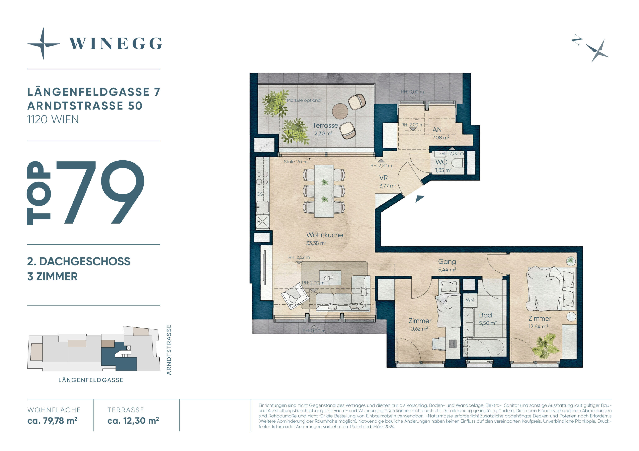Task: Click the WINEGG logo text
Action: tap(115, 44)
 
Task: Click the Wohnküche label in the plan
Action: tap(324, 235)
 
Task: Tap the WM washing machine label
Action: tap(470, 300)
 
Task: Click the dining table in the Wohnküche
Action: tap(324, 191)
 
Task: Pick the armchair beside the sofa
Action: tap(295, 296)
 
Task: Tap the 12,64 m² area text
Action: tap(538, 327)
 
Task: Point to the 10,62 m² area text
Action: tap(418, 329)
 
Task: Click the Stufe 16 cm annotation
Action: tap(296, 162)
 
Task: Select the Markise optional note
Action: tap(304, 100)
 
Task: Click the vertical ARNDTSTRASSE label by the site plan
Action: tap(169, 350)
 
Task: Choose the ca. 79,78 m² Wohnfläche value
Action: tap(52, 421)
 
